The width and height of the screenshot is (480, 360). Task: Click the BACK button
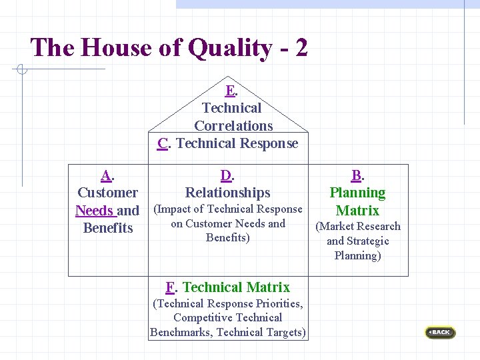441,332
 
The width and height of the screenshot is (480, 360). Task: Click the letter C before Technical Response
163,143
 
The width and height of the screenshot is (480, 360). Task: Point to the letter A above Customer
106,176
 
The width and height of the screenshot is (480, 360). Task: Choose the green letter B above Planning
357,176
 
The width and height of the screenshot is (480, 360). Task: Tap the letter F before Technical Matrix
170,287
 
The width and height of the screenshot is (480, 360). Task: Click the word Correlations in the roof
233,125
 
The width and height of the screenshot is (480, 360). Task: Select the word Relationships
228,193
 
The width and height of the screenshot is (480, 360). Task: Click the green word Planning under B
357,193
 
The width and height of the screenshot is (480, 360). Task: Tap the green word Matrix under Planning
357,211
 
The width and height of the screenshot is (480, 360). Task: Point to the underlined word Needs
94,211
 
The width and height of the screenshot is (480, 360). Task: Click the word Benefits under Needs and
108,228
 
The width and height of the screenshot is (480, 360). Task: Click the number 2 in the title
300,48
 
